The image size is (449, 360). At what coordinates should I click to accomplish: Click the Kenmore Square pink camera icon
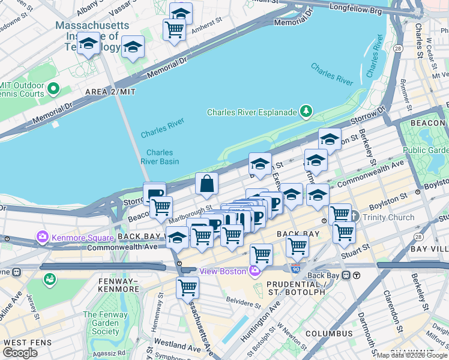43,238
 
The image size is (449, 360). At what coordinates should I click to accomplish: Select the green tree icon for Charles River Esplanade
306,112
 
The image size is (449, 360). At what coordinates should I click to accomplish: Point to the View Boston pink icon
255,272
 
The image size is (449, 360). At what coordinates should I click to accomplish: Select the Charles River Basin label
160,157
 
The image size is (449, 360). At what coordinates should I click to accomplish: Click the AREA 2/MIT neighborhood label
111,91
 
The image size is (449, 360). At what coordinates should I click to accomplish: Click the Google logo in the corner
20,353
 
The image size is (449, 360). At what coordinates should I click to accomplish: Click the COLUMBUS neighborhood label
328,333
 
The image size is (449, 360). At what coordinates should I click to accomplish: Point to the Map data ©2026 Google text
412,355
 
